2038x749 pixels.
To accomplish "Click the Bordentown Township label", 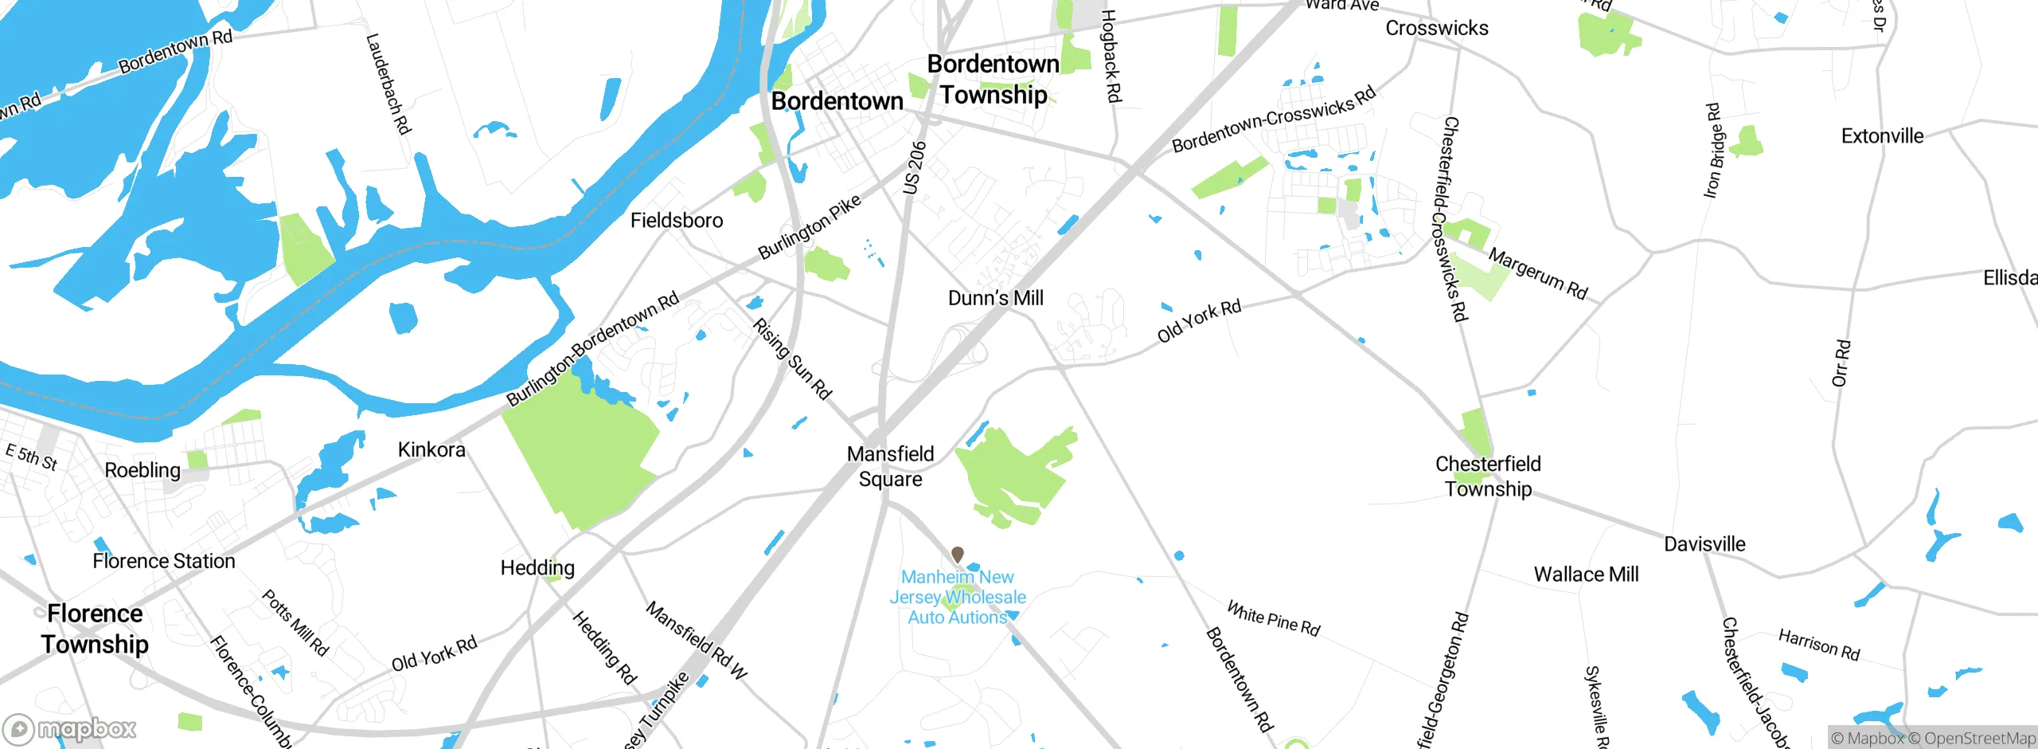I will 993,80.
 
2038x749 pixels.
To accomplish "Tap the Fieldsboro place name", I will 677,221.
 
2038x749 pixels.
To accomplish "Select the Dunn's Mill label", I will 995,298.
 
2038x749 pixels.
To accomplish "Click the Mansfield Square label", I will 890,466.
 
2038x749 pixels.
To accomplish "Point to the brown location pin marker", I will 958,554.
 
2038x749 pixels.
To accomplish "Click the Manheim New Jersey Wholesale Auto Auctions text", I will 958,598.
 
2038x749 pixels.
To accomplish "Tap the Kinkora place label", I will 431,450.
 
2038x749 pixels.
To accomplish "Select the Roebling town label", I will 143,470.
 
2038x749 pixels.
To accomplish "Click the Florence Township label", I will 95,629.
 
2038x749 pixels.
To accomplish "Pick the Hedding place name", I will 537,568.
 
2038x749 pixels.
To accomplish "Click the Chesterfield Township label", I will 1488,476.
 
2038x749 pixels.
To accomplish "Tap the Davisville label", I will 1704,544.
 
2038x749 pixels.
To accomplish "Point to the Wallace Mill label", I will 1586,574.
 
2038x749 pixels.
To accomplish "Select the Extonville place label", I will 1882,136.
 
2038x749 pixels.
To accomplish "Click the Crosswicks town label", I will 1436,29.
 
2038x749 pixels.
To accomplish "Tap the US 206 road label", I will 915,167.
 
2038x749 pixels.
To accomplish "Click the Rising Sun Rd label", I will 792,359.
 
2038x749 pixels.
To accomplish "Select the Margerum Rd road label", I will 1537,274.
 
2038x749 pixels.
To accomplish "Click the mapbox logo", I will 69,729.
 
